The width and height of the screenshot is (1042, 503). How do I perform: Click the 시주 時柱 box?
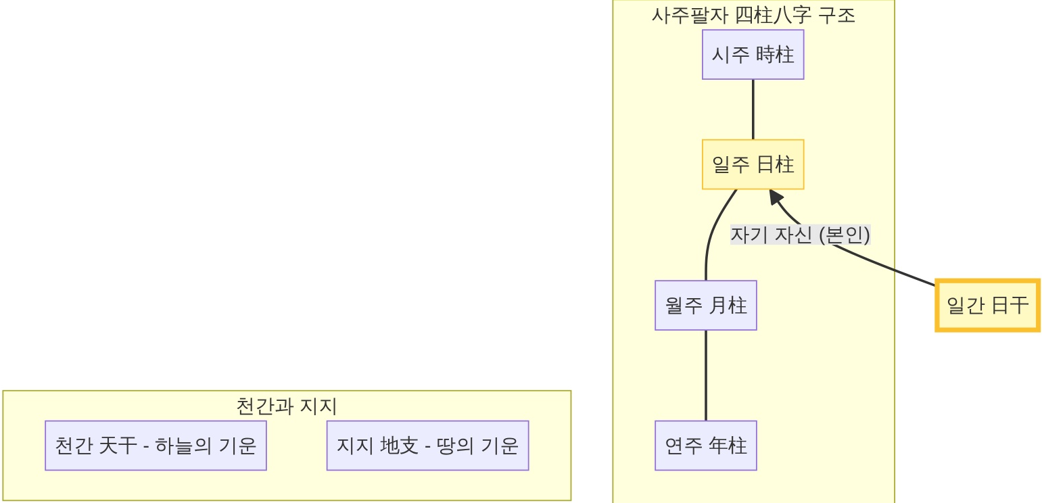click(753, 55)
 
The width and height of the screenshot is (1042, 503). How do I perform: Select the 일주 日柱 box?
click(753, 164)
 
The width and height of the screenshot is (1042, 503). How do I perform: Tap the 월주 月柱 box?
click(705, 306)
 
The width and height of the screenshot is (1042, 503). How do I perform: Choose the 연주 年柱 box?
click(705, 446)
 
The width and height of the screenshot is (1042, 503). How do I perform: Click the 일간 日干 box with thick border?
click(987, 306)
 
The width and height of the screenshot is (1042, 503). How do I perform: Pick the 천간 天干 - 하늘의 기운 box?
click(156, 446)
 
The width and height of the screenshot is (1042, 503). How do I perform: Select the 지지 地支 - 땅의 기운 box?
click(427, 446)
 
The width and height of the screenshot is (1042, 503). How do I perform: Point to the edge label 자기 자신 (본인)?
click(800, 235)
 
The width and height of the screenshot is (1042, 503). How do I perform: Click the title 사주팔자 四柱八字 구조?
click(753, 15)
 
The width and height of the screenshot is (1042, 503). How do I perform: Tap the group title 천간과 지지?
click(287, 406)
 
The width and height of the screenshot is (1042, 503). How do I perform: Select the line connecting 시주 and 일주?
click(753, 110)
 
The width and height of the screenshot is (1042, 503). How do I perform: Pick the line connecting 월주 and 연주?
click(706, 375)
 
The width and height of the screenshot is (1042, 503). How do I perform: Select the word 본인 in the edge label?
click(845, 235)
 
